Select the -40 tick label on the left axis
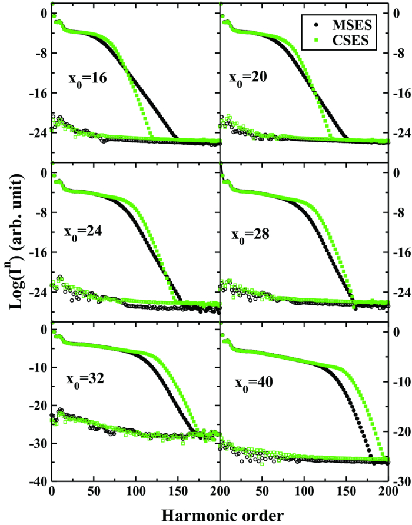(36, 481)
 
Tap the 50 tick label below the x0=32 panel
(94, 492)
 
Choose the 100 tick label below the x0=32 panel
(136, 492)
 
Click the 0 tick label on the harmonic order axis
(52, 492)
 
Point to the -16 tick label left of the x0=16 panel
(36, 93)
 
